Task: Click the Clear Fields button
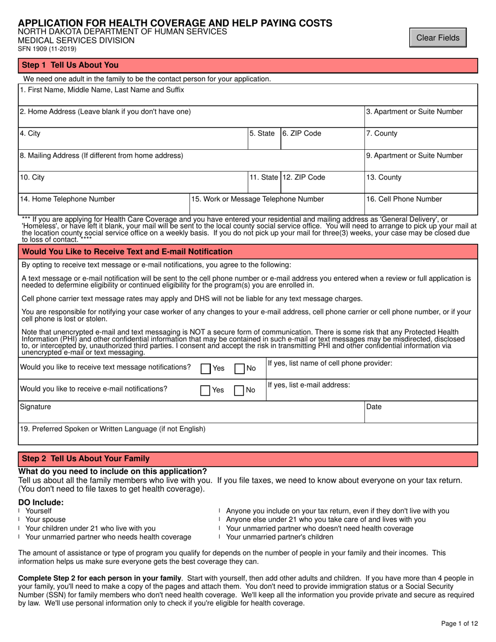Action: [438, 38]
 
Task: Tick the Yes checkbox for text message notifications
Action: [206, 368]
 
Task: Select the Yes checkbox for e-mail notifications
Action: [206, 390]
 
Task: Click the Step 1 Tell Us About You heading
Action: [70, 65]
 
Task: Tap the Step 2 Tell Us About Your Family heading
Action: [85, 459]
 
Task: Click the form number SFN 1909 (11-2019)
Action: [48, 49]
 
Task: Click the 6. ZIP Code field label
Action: [302, 134]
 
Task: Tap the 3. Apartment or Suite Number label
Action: [415, 111]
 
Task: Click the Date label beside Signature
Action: [374, 407]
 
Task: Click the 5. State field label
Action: [262, 134]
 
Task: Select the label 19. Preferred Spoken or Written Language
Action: [112, 429]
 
